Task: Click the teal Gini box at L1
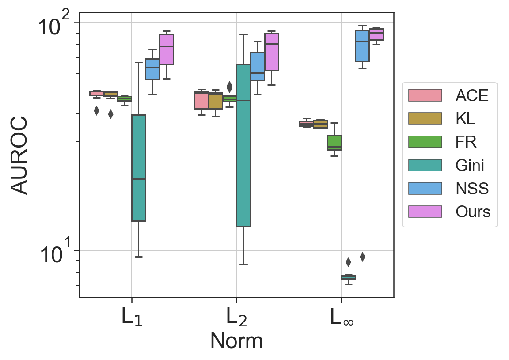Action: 139,168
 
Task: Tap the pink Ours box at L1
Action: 167,49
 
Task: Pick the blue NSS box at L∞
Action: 362,45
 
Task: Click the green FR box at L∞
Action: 334,142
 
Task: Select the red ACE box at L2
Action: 201,101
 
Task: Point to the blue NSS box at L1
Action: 152,69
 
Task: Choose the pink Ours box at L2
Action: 271,52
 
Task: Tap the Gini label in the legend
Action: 470,165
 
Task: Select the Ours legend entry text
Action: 473,212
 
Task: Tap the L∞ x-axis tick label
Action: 341,317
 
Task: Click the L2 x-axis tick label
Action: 236,317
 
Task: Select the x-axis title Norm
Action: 236,341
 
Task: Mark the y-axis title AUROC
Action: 20,155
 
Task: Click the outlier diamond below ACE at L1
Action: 96,110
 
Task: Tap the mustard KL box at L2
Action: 216,101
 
